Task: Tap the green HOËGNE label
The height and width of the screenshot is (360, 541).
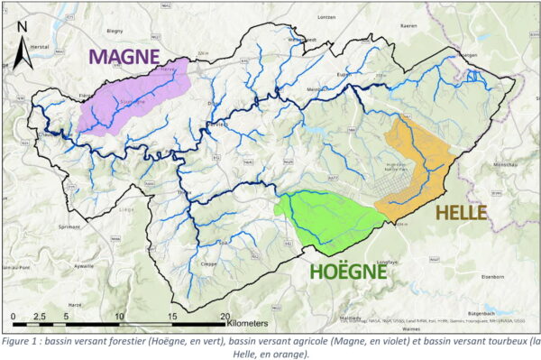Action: [349, 270]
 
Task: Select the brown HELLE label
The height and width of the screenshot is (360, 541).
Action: [460, 213]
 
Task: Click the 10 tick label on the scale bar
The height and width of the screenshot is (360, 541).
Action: [120, 316]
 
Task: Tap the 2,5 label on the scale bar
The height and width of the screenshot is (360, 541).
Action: [40, 316]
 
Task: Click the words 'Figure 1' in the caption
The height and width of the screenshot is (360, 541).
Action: [24, 341]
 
